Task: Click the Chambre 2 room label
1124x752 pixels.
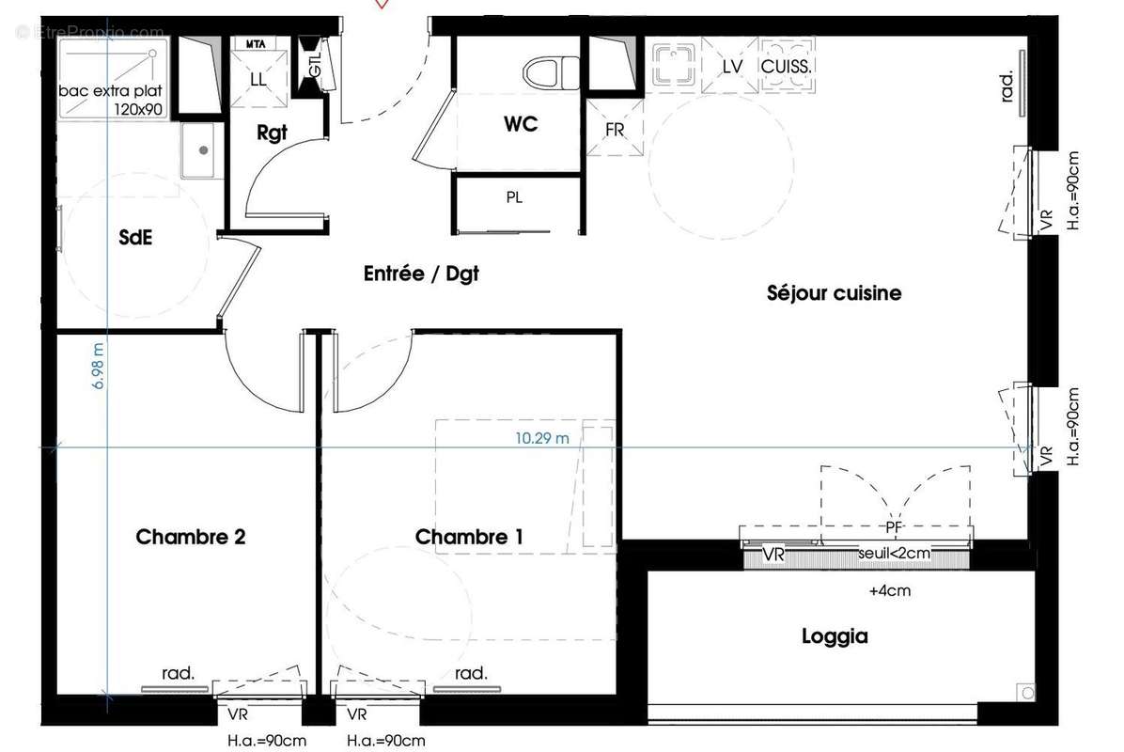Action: pos(191,537)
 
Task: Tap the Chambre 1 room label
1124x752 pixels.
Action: pos(469,537)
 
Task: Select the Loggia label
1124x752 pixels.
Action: pos(834,636)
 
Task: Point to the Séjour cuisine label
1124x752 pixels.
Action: pos(833,293)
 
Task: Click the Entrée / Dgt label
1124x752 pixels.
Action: pos(421,274)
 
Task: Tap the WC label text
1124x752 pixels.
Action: pos(521,124)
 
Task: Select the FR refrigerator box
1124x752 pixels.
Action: pos(615,130)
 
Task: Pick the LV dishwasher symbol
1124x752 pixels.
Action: pos(733,67)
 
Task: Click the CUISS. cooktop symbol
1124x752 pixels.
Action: pos(787,67)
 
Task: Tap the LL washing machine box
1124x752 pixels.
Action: pos(258,80)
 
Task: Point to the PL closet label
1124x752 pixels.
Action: pos(514,197)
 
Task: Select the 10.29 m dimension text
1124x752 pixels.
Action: pos(542,437)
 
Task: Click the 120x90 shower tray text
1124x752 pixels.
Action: pos(138,109)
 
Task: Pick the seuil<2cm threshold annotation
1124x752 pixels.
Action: pos(894,554)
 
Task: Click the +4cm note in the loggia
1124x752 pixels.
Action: pos(890,591)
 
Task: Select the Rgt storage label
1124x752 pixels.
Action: pos(272,133)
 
